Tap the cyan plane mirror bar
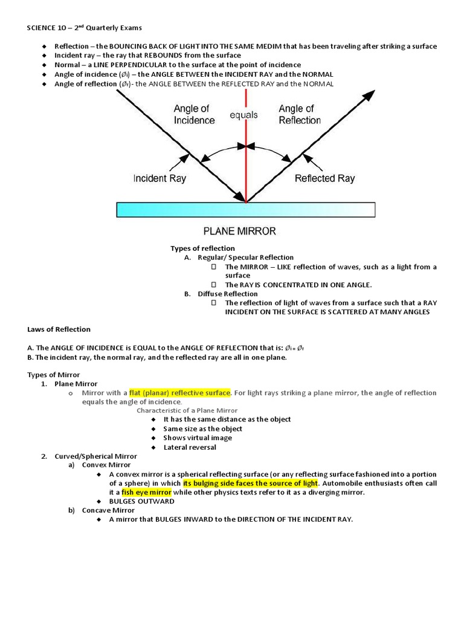point(245,210)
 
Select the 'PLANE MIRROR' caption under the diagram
point(239,231)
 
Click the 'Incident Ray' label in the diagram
point(159,178)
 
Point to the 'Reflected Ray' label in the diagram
point(324,178)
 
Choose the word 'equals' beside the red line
point(243,115)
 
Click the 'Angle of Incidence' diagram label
point(194,114)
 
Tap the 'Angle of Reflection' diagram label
point(300,114)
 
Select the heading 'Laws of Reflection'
point(59,329)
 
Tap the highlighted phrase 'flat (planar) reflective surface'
point(180,393)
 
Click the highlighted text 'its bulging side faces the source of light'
point(251,483)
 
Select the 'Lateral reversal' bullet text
point(190,447)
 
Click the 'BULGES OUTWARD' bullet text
point(141,501)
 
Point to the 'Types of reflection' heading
point(202,248)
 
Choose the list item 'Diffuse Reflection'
point(227,294)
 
